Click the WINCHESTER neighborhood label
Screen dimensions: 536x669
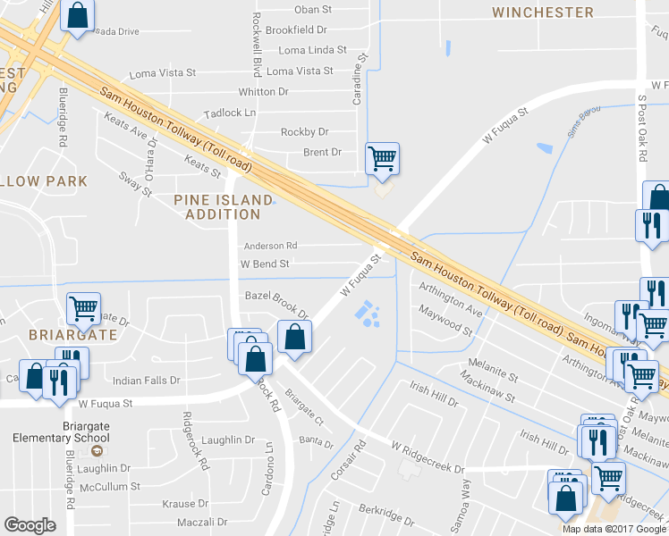543,13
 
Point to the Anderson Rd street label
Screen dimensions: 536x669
270,246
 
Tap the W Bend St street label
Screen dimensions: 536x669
265,264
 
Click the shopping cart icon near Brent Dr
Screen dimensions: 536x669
383,159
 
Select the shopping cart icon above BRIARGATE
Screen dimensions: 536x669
83,309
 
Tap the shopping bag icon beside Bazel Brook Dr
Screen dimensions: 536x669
294,338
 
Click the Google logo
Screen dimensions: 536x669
30,526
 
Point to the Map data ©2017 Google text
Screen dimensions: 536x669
614,529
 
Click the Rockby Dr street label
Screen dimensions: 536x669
305,132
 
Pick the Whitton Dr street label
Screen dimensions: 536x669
263,92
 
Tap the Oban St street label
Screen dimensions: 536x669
313,10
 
